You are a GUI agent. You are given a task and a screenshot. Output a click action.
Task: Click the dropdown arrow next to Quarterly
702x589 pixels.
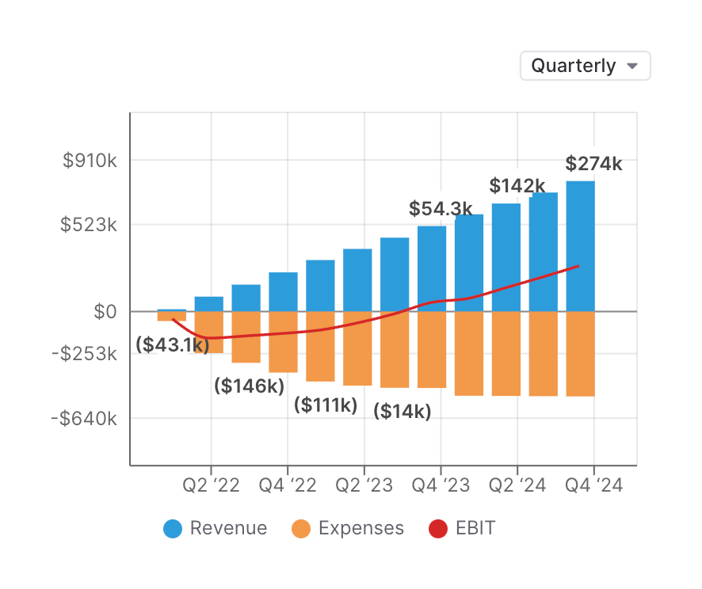(632, 66)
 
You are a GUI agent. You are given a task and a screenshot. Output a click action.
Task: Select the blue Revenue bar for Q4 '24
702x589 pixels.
(581, 245)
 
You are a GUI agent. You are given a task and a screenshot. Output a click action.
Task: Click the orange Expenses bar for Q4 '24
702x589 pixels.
(581, 353)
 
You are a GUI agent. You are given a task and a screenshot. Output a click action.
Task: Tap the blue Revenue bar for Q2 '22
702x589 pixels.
(209, 304)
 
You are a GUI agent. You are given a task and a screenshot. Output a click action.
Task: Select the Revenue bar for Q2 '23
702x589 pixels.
(357, 279)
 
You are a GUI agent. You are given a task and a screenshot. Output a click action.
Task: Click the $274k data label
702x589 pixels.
(593, 164)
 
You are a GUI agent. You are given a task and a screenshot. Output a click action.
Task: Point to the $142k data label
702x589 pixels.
(517, 186)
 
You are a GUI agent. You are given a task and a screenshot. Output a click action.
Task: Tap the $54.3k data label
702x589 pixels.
(440, 208)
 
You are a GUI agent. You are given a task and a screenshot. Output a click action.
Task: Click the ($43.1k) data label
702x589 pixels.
(172, 345)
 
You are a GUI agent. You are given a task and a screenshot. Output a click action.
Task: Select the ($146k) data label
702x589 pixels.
(249, 386)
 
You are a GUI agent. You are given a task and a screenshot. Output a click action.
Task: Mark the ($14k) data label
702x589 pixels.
(403, 412)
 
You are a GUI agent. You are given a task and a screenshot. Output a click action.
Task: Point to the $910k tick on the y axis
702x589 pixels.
(90, 161)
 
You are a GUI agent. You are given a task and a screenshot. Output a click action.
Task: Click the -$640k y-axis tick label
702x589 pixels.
(89, 418)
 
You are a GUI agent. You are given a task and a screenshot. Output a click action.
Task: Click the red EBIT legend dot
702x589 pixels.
(438, 529)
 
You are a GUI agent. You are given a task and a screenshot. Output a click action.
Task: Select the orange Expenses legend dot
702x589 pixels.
(301, 529)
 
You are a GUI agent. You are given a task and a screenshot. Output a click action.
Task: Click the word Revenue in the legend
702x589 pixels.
(228, 529)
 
